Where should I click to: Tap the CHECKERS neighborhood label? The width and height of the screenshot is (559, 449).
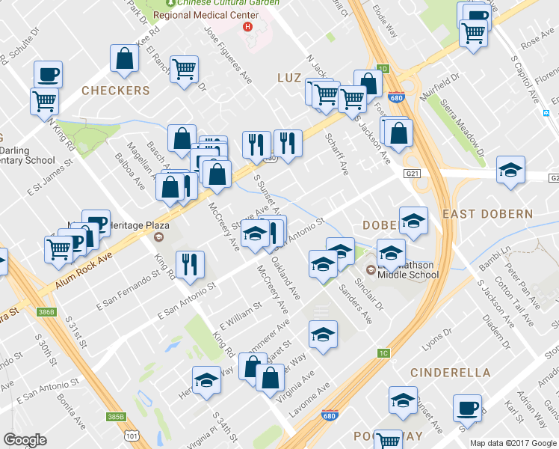pyautogui.click(x=116, y=91)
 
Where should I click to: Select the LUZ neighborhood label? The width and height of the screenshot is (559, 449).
pyautogui.click(x=288, y=78)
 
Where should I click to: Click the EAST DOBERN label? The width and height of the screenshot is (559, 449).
pyautogui.click(x=487, y=214)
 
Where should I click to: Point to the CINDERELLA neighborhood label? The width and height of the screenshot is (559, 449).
pyautogui.click(x=451, y=373)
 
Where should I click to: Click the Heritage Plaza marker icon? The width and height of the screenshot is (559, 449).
pyautogui.click(x=158, y=238)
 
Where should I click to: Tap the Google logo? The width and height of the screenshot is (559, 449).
pyautogui.click(x=25, y=439)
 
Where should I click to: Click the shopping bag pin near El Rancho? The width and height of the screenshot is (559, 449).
pyautogui.click(x=124, y=59)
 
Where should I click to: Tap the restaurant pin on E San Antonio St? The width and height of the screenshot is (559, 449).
pyautogui.click(x=190, y=264)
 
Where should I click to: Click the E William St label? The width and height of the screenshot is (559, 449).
pyautogui.click(x=239, y=317)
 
